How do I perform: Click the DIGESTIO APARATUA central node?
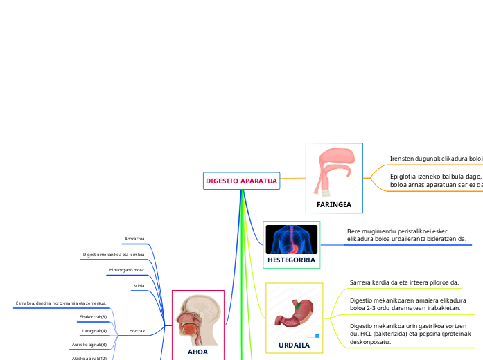click(241, 181)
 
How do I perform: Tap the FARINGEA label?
click(334, 205)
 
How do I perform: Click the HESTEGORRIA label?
click(291, 260)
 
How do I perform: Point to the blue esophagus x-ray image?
click(291, 239)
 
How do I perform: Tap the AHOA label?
click(197, 352)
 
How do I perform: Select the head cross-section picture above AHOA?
click(198, 320)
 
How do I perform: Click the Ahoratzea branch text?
click(134, 239)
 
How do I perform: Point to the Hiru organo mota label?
click(127, 269)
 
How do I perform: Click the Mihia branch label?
click(139, 285)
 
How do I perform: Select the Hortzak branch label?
click(137, 332)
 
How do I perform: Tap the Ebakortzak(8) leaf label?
click(94, 316)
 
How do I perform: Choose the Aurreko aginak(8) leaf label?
click(89, 344)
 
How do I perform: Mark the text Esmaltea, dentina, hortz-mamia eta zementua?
click(61, 303)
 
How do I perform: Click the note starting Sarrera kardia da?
click(405, 282)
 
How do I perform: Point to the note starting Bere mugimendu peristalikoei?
click(407, 235)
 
